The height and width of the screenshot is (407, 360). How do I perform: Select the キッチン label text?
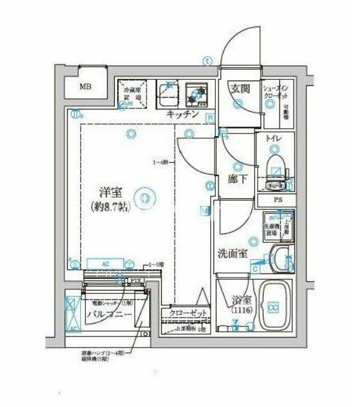click(182, 115)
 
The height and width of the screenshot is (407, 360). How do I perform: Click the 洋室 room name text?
click(109, 192)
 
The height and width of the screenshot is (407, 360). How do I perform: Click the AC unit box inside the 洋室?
click(105, 264)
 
